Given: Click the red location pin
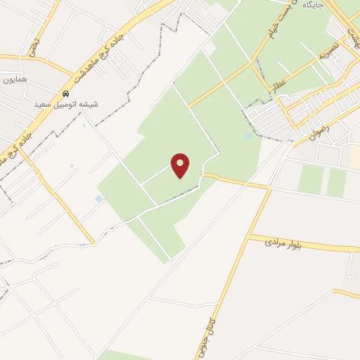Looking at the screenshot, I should coord(181,165).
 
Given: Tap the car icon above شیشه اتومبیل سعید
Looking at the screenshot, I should coord(66,94).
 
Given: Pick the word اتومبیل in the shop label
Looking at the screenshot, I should coord(67,104).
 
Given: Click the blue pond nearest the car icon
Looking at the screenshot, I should coord(84,126).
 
